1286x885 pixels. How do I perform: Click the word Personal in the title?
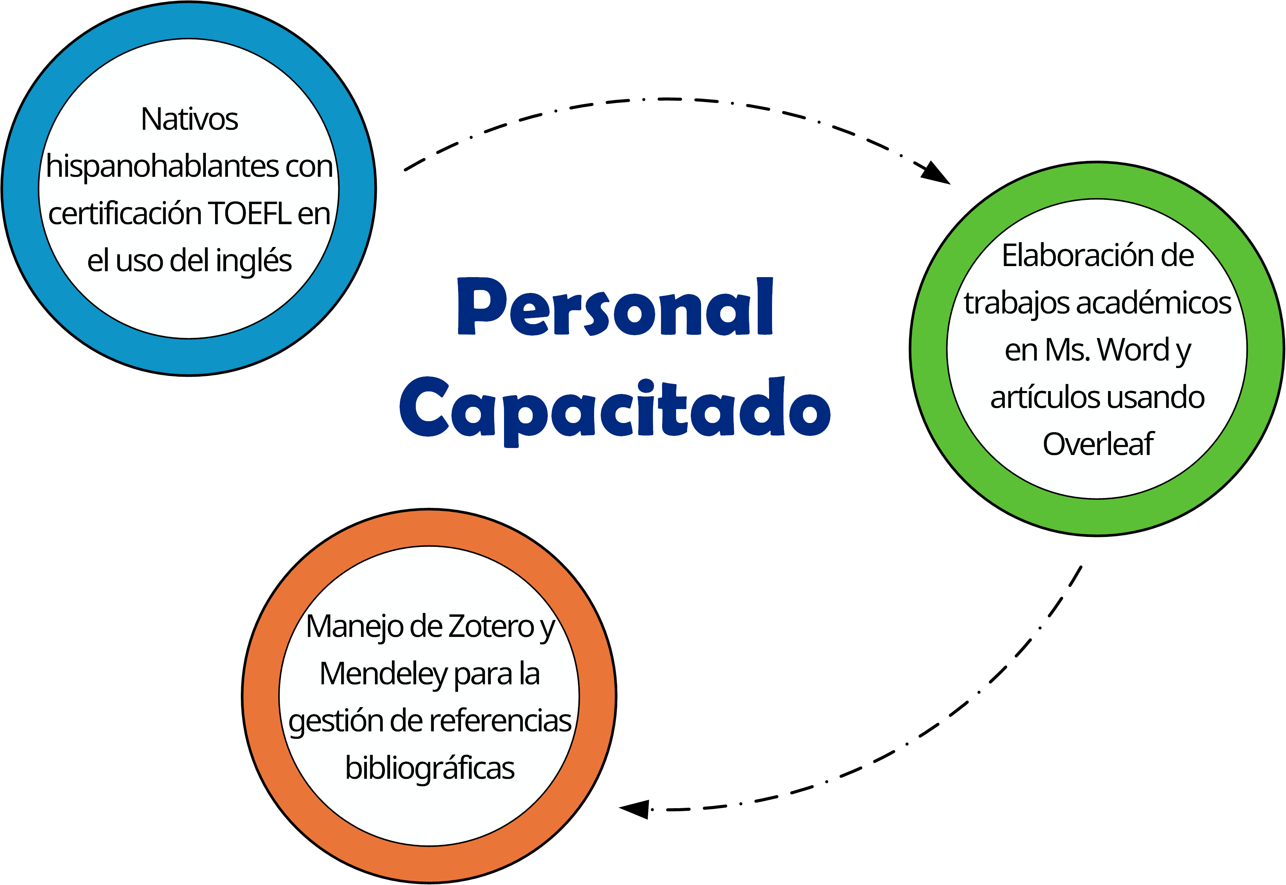click(614, 307)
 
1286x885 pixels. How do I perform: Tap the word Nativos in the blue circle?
click(189, 119)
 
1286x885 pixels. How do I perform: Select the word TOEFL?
click(250, 214)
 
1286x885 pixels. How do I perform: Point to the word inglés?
click(253, 261)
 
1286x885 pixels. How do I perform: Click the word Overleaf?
click(1097, 444)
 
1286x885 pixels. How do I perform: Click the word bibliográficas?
click(429, 768)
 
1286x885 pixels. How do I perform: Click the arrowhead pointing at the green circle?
click(937, 173)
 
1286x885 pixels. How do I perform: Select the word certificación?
click(125, 214)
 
